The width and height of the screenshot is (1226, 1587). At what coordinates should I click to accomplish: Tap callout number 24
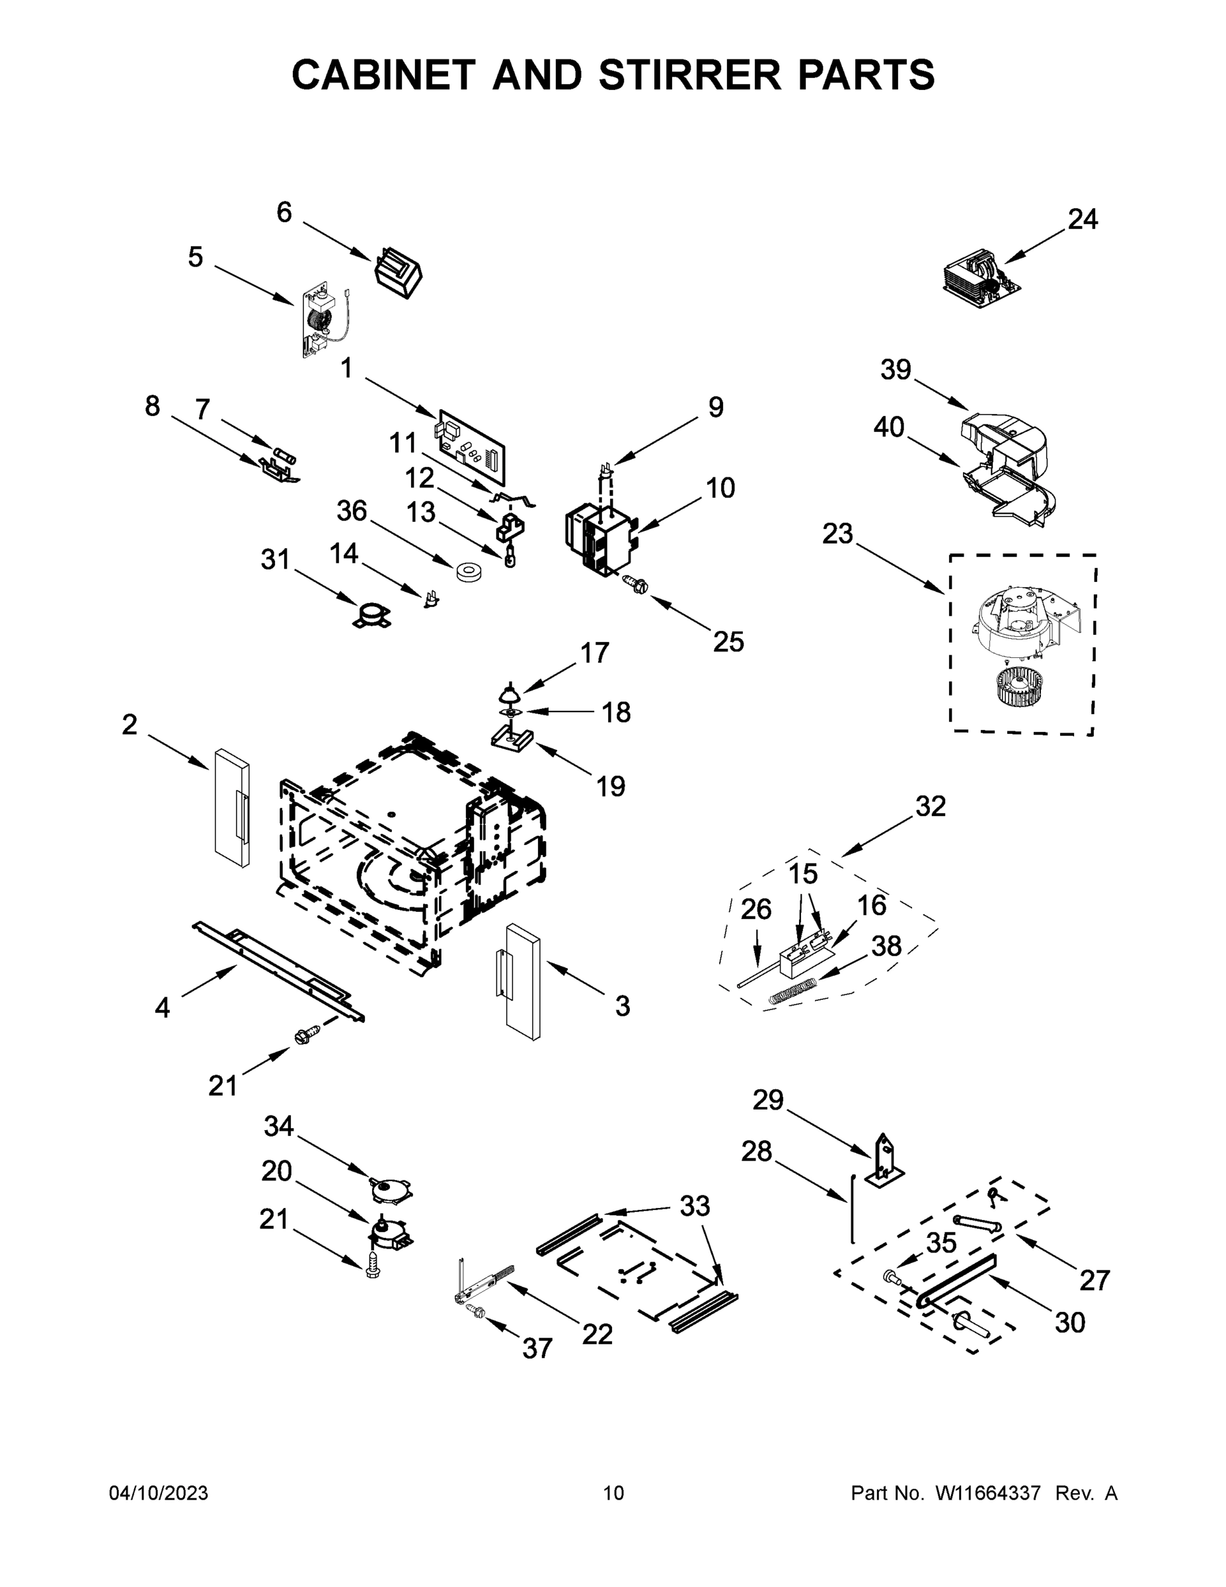tap(1082, 219)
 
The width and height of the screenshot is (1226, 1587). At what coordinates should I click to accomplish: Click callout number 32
tap(931, 806)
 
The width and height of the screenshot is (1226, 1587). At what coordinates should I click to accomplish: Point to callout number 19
tap(610, 786)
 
